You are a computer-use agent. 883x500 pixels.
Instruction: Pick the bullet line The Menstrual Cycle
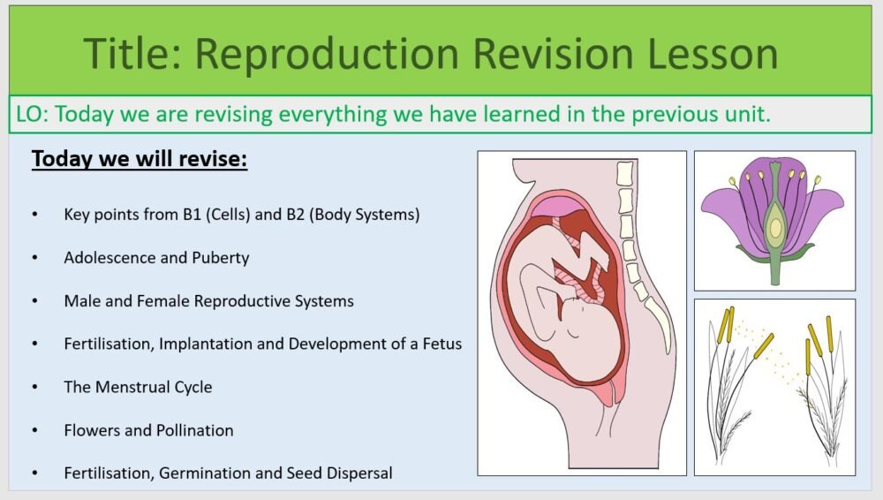click(x=138, y=387)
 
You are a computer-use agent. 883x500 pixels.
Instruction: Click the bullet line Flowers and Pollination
click(x=148, y=430)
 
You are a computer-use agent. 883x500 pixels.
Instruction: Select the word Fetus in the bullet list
click(x=441, y=344)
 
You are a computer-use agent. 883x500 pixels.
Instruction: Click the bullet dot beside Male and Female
click(x=34, y=301)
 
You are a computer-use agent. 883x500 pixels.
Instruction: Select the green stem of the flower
click(x=774, y=269)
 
